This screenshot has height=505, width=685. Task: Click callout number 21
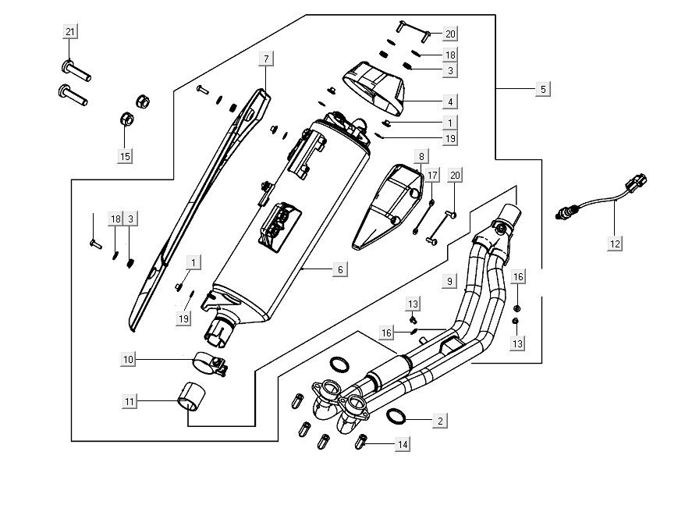70,32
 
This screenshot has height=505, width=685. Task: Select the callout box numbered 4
450,101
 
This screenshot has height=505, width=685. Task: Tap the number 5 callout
543,89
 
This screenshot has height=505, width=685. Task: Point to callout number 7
266,59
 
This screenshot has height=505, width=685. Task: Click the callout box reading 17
433,174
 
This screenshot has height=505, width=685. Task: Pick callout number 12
615,244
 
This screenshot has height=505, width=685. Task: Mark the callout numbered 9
449,280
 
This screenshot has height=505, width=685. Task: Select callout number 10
129,360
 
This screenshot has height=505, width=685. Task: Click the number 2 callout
440,421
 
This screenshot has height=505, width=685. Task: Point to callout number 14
403,444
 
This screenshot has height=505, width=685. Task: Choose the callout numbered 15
125,155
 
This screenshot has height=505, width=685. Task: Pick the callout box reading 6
339,269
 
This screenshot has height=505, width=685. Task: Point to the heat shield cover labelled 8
388,205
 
